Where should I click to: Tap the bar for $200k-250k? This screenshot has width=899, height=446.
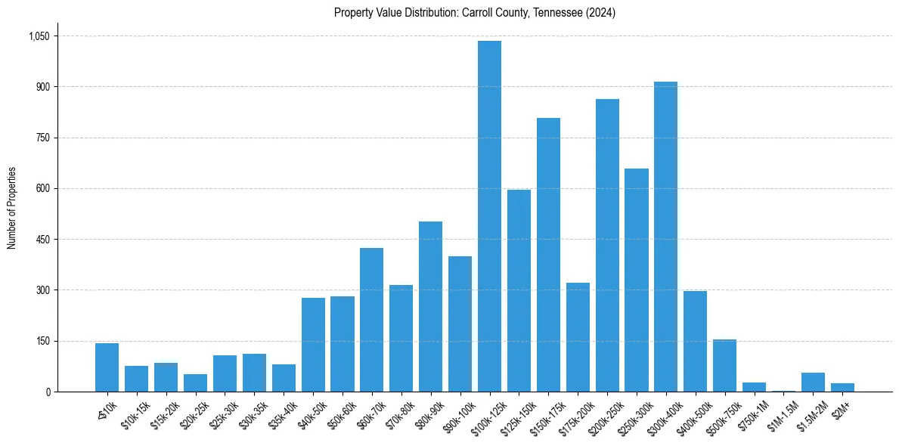pyautogui.click(x=607, y=246)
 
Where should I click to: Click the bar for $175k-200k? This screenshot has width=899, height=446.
pyautogui.click(x=578, y=337)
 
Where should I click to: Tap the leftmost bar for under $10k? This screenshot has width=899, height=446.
pyautogui.click(x=107, y=367)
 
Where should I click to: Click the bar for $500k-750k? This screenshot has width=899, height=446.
pyautogui.click(x=724, y=366)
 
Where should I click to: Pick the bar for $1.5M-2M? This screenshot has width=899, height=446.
pyautogui.click(x=813, y=383)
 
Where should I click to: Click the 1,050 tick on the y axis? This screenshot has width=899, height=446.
pyautogui.click(x=39, y=36)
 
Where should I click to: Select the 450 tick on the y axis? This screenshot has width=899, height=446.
pyautogui.click(x=42, y=240)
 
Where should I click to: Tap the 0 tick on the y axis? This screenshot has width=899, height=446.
pyautogui.click(x=48, y=392)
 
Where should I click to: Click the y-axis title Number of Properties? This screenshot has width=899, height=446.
pyautogui.click(x=11, y=208)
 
